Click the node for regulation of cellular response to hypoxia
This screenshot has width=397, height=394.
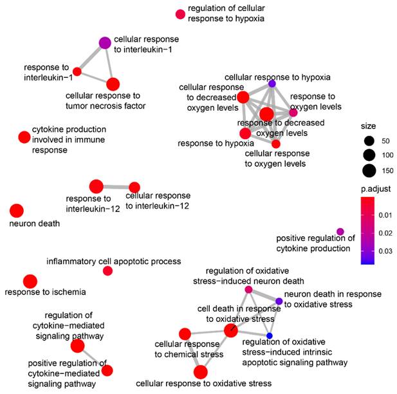click(181, 14)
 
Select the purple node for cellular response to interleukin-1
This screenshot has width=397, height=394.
click(105, 43)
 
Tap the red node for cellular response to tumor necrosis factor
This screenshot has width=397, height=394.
click(113, 84)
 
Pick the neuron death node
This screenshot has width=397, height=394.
click(16, 211)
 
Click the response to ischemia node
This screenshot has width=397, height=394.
click(30, 281)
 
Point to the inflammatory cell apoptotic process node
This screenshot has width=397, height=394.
click(107, 270)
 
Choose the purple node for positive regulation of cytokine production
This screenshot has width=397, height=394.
click(340, 232)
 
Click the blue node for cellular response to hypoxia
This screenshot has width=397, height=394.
click(272, 84)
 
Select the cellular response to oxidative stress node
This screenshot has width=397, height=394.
click(200, 371)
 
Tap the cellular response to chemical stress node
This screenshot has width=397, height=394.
click(185, 333)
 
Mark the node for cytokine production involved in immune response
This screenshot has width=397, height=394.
click(24, 136)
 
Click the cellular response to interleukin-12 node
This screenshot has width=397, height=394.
click(134, 187)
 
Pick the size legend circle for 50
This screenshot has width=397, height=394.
click(369, 140)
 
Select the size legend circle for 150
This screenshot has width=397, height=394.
click(369, 171)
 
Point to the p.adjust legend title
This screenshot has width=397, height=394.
click(376, 189)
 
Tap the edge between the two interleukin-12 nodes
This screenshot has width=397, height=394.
click(116, 187)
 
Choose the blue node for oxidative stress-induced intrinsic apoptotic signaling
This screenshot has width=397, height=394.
click(270, 336)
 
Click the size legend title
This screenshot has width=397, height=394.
click(369, 126)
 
